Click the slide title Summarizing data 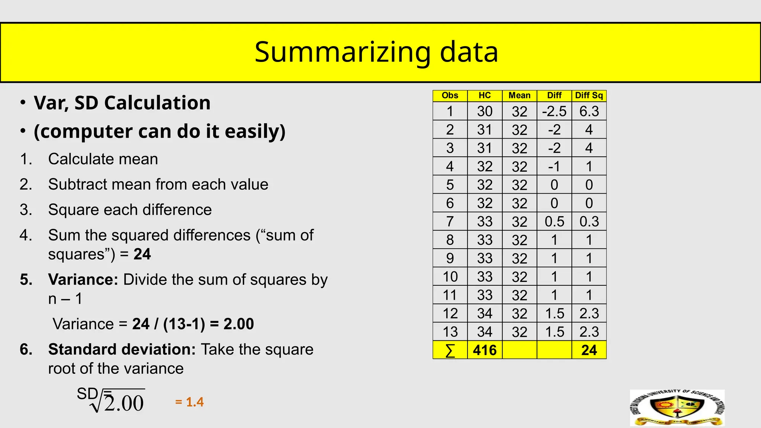pyautogui.click(x=376, y=52)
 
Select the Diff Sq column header pyautogui.click(x=589, y=95)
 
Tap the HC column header pyautogui.click(x=485, y=95)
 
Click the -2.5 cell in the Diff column pyautogui.click(x=554, y=111)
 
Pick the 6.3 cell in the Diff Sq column pyautogui.click(x=589, y=111)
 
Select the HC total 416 pyautogui.click(x=485, y=350)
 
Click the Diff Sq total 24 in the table pyautogui.click(x=589, y=350)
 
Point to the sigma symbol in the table pyautogui.click(x=450, y=350)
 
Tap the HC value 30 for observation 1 pyautogui.click(x=485, y=111)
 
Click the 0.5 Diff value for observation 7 pyautogui.click(x=554, y=221)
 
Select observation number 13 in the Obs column pyautogui.click(x=450, y=331)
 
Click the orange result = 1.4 pyautogui.click(x=190, y=402)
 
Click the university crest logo pyautogui.click(x=677, y=408)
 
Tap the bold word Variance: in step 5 pyautogui.click(x=83, y=279)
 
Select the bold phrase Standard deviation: pyautogui.click(x=122, y=349)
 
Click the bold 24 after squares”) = pyautogui.click(x=142, y=254)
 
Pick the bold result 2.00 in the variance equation pyautogui.click(x=239, y=324)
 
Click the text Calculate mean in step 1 pyautogui.click(x=103, y=159)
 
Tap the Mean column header pyautogui.click(x=519, y=95)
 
